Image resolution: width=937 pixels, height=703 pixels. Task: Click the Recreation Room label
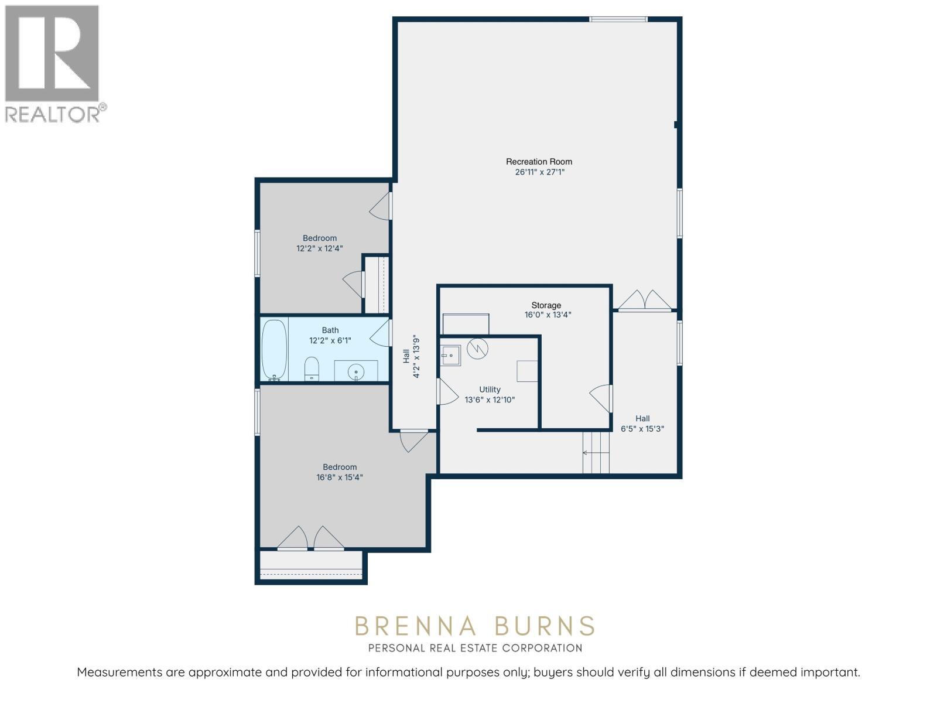tap(539, 162)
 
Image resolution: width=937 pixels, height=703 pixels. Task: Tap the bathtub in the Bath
tap(273, 350)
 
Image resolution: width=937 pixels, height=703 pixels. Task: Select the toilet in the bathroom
tap(312, 368)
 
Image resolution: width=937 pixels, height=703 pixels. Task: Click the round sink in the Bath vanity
tap(355, 372)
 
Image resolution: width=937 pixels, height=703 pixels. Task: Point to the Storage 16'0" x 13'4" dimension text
tap(547, 315)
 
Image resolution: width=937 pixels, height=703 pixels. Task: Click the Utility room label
tap(490, 390)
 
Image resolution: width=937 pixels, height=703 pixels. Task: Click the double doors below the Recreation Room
tap(645, 300)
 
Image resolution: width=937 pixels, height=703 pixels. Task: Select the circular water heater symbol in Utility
tap(477, 349)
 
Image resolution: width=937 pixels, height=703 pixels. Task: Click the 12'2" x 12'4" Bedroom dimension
tap(319, 248)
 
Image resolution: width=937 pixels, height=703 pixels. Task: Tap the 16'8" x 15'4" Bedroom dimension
tap(340, 477)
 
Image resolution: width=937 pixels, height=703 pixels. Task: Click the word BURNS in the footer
tap(545, 626)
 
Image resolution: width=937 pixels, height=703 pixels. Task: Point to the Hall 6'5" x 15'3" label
tap(642, 424)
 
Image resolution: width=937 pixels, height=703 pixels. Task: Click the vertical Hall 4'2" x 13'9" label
tap(411, 356)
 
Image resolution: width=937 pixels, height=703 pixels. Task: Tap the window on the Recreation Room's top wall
tap(618, 19)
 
